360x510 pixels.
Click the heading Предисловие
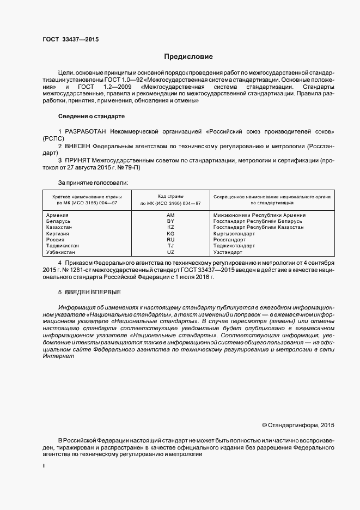pyautogui.click(x=188, y=57)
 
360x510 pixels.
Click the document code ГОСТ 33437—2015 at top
pyautogui.click(x=71, y=39)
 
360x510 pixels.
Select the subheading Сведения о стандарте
pyautogui.click(x=91, y=116)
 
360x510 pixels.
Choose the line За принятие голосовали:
pyautogui.click(x=93, y=183)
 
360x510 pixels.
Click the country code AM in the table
pyautogui.click(x=170, y=215)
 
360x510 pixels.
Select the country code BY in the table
pyautogui.click(x=170, y=221)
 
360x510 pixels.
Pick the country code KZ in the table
pyautogui.click(x=170, y=227)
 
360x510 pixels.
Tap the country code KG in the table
pyautogui.click(x=170, y=233)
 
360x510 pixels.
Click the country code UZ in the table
pyautogui.click(x=170, y=252)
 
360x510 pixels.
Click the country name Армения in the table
pyautogui.click(x=58, y=215)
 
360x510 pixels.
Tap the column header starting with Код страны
pyautogui.click(x=170, y=199)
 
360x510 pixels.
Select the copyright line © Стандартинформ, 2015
pyautogui.click(x=298, y=424)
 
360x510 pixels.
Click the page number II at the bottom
pyautogui.click(x=44, y=466)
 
